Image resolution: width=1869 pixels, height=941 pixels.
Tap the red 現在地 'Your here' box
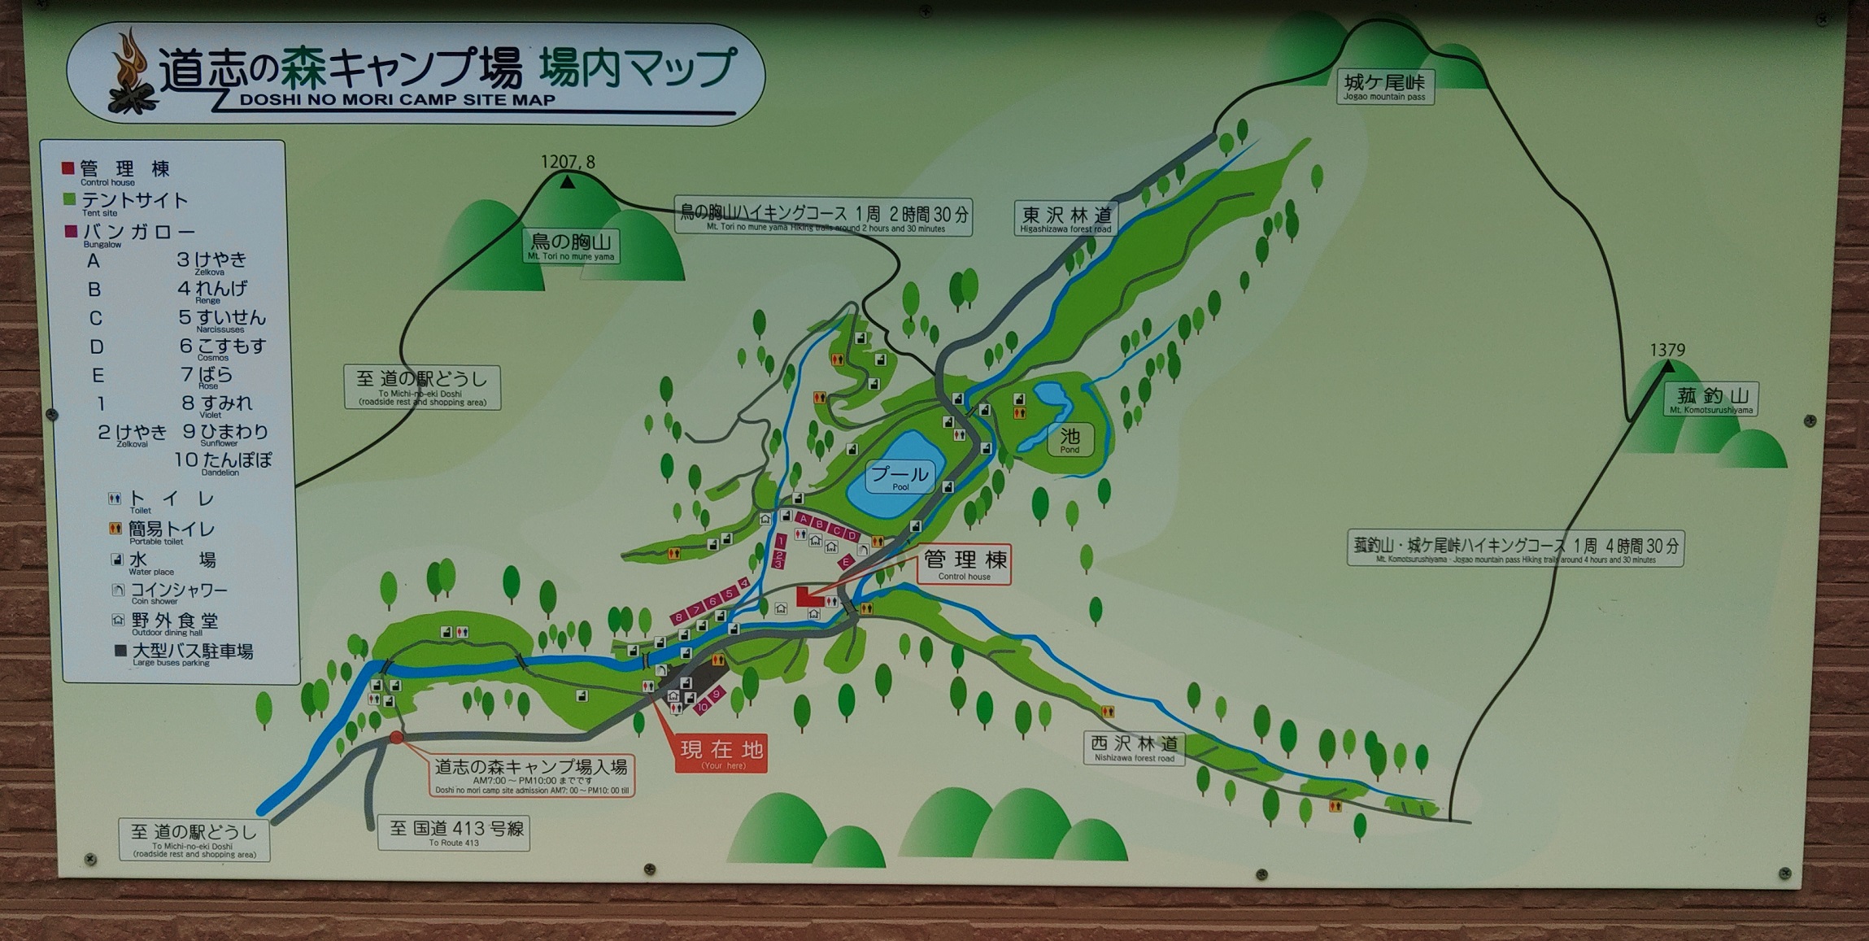pos(721,752)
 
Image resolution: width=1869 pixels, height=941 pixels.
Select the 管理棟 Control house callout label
pos(965,564)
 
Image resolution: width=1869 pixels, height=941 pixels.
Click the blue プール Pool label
pos(900,477)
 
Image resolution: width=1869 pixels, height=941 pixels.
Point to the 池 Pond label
pos(1070,439)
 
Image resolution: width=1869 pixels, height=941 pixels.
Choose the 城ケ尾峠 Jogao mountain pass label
pos(1384,86)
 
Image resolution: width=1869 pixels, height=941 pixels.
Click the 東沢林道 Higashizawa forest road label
pos(1066,218)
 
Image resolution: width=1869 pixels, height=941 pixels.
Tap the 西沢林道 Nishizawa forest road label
pos(1134,747)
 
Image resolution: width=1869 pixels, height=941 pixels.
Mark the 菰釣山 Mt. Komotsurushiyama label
pos(1710,399)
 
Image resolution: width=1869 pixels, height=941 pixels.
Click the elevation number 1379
pos(1667,350)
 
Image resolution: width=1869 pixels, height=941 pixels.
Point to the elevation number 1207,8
pos(568,162)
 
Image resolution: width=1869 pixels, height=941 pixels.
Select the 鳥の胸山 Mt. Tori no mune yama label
pos(571,246)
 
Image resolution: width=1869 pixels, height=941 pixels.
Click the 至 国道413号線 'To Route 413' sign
pos(454,833)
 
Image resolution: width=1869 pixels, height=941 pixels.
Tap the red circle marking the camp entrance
pos(396,738)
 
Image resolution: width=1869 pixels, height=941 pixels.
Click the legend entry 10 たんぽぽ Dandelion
pos(223,461)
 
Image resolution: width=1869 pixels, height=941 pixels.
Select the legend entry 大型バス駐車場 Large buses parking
pos(191,653)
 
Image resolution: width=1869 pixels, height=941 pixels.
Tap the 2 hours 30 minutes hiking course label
pos(824,216)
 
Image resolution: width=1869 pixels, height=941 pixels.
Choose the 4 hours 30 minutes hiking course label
pos(1515,548)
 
